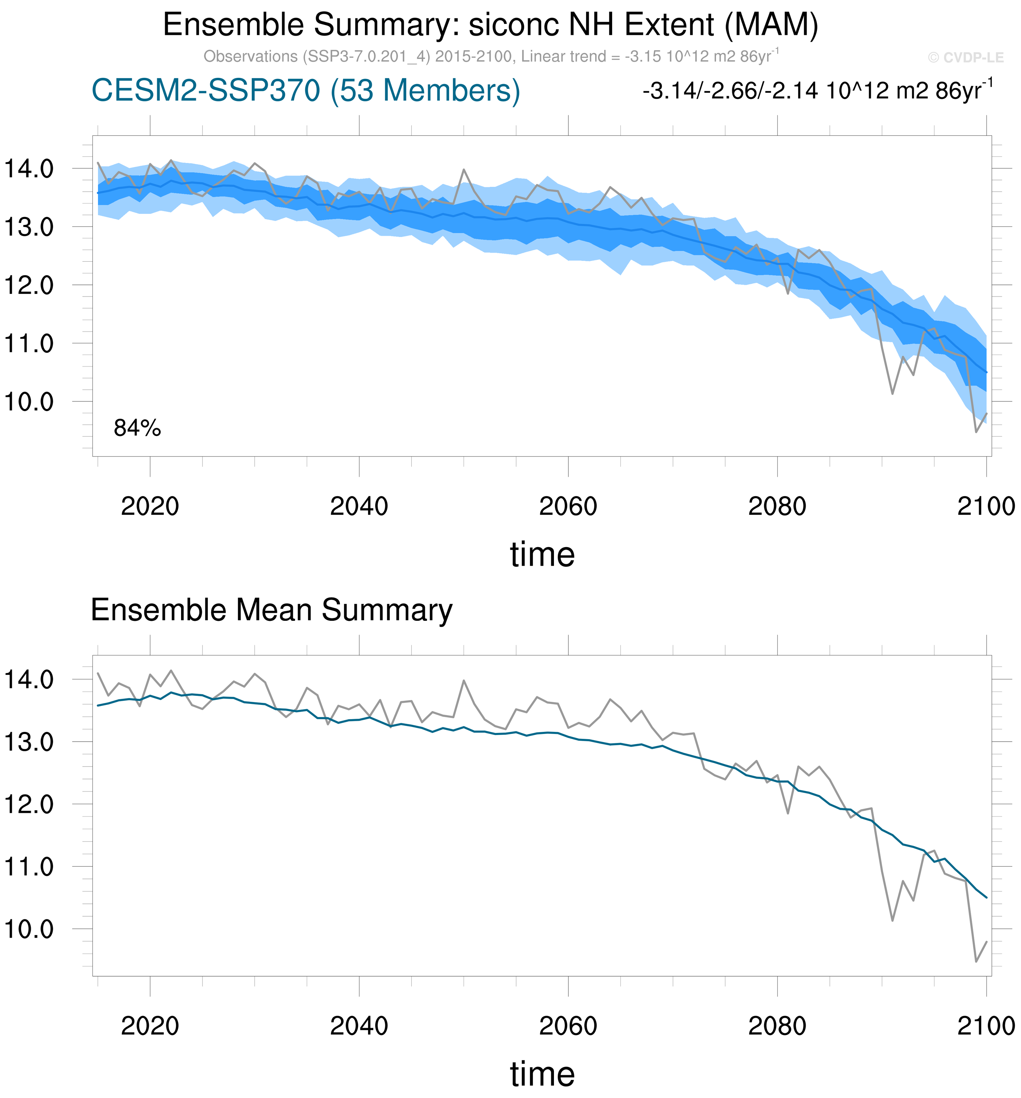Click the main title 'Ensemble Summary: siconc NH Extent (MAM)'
tap(491, 25)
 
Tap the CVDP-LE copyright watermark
tap(966, 57)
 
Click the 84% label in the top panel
tap(137, 428)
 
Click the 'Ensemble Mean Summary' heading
tap(271, 610)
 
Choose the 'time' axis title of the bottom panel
tap(542, 1074)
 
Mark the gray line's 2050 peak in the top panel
tap(464, 170)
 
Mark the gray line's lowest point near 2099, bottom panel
tap(976, 962)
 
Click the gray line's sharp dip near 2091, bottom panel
tap(892, 921)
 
